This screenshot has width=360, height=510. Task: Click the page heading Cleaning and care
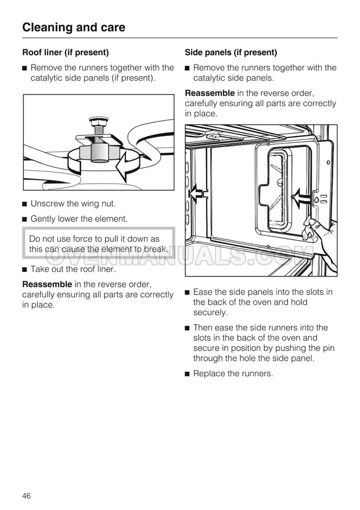(x=73, y=27)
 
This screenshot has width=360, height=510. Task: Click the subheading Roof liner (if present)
(x=65, y=52)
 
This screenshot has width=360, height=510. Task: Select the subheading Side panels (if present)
(x=231, y=52)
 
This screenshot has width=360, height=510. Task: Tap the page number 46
(x=27, y=495)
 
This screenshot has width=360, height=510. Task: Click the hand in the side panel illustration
(x=322, y=241)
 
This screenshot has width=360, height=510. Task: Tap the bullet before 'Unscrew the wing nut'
(x=25, y=204)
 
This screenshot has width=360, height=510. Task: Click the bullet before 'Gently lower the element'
(x=25, y=219)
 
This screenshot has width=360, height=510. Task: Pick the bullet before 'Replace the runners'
(x=188, y=373)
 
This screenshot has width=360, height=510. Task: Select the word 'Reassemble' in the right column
(x=210, y=93)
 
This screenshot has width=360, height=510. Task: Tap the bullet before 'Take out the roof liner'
(x=25, y=270)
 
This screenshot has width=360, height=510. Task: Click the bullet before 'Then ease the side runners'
(x=188, y=328)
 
